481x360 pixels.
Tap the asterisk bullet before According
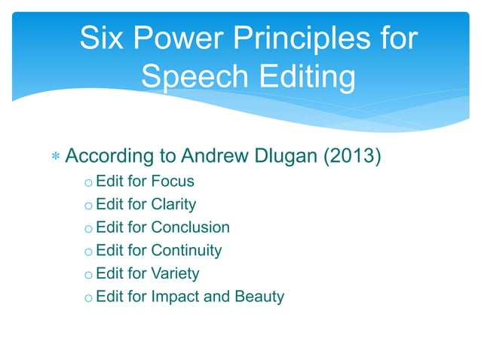coord(54,158)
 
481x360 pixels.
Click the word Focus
coord(173,182)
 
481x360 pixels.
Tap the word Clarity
coord(173,204)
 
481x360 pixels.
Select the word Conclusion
coord(190,227)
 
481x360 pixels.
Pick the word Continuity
coord(186,250)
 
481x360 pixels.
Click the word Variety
coord(175,273)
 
